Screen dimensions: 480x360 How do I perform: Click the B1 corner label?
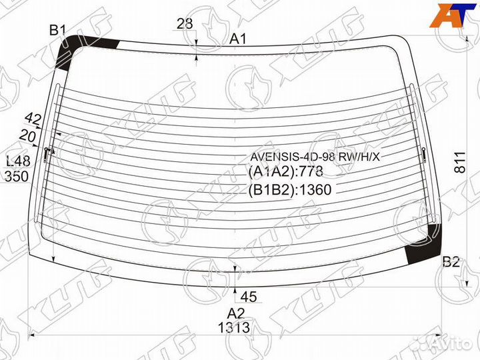coord(58,30)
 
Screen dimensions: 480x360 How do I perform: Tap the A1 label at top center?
coord(238,39)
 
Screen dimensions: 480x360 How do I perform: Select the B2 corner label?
coord(451,262)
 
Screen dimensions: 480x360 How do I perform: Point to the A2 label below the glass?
coord(236,313)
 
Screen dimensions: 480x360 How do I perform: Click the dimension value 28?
coord(185,23)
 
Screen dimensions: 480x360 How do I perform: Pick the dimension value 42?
coord(33,119)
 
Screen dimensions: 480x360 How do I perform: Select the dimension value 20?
coord(27,136)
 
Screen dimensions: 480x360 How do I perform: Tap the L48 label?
coord(19,161)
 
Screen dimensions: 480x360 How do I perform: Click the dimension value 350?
coord(17,177)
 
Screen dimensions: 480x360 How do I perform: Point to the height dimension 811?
coord(460,162)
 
